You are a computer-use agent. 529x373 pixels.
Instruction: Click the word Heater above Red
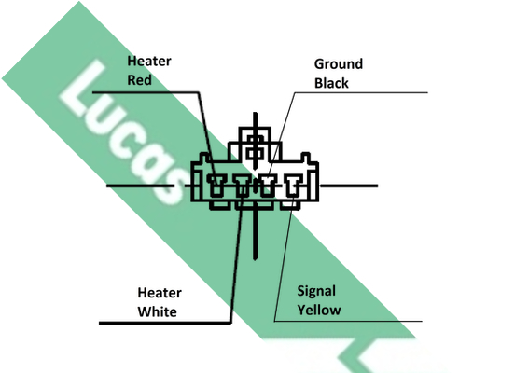[149, 62]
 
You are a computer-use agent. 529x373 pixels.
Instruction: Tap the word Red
[139, 80]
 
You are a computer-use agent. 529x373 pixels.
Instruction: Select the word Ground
[339, 64]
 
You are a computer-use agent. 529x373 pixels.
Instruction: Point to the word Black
[331, 83]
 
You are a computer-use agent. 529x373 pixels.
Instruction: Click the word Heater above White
[160, 293]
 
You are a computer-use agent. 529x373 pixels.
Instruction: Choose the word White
[158, 311]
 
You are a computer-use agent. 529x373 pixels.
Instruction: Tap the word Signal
[316, 291]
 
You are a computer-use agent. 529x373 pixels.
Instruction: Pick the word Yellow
[319, 310]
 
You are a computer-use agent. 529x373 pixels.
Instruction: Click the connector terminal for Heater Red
[216, 186]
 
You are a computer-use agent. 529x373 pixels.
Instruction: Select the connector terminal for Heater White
[243, 186]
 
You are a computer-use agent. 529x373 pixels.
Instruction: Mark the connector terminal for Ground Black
[268, 186]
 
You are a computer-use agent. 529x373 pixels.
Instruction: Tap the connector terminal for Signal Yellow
[293, 186]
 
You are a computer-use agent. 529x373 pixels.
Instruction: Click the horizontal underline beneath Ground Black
[361, 92]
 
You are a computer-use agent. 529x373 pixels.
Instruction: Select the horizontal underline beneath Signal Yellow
[348, 321]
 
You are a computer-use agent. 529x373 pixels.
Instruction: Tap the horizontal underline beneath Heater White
[165, 323]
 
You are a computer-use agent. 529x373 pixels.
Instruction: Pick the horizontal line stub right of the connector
[349, 186]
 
